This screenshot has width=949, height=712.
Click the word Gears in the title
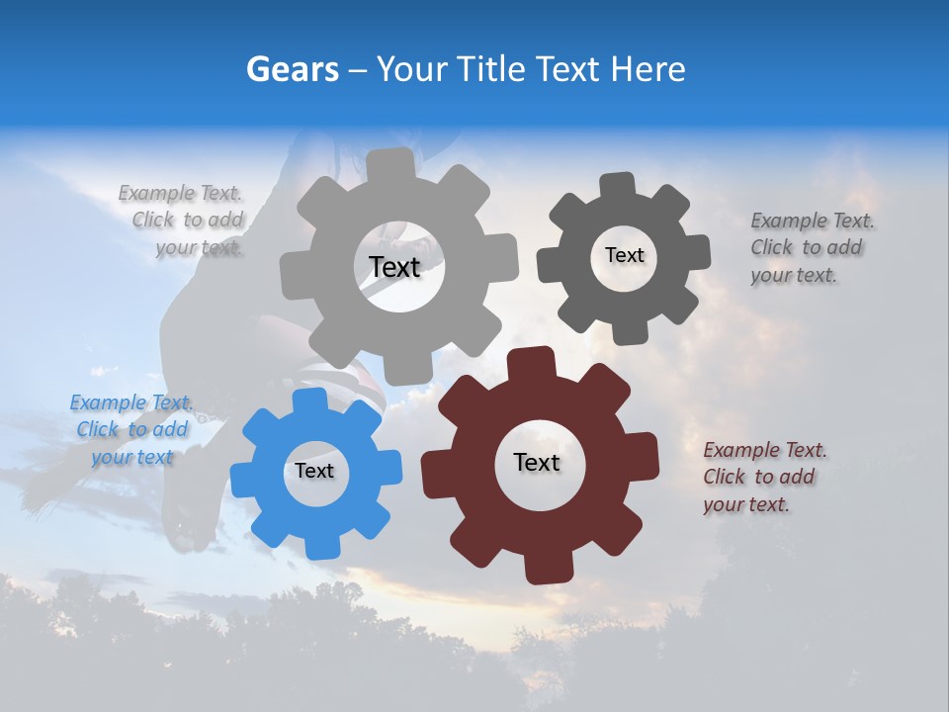(292, 69)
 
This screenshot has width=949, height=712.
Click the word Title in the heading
(495, 69)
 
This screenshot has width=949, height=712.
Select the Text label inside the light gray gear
(394, 267)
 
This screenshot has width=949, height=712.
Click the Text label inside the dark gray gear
(624, 255)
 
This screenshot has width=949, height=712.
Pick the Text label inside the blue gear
(314, 471)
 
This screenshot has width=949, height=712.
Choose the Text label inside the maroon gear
(537, 462)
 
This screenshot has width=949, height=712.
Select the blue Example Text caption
(131, 429)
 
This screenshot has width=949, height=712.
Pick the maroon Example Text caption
(763, 477)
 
